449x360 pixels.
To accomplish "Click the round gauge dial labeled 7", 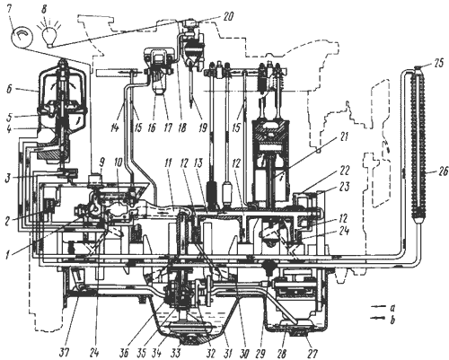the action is (21, 38).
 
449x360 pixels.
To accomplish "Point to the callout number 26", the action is (443, 171).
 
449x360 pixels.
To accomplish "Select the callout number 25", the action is (437, 64).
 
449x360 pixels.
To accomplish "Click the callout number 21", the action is (343, 137).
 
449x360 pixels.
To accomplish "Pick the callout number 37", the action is (64, 354).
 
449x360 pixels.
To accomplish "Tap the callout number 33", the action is (176, 354).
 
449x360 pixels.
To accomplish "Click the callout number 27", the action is (313, 354).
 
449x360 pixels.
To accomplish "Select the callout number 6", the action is (10, 90).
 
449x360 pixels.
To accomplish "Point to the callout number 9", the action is (101, 163).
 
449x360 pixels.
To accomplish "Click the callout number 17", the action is (168, 127).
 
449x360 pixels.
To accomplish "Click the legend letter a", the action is (392, 307).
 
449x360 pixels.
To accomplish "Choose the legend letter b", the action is (392, 320).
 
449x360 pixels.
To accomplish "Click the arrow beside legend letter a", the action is (378, 306).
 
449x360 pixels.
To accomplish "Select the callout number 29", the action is (260, 354).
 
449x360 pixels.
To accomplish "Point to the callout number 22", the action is (343, 171).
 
